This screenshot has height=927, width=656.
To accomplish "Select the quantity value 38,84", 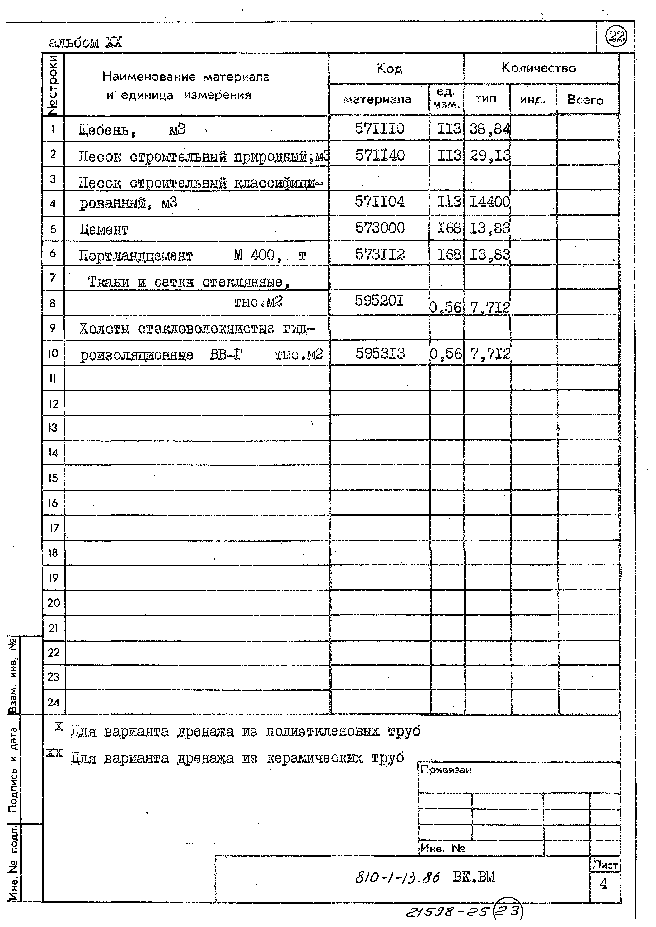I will [x=489, y=130].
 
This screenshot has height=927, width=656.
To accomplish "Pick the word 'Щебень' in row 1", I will [x=105, y=130].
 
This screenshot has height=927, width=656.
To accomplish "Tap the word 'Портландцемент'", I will [x=136, y=256].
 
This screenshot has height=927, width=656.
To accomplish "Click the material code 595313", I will [x=380, y=354].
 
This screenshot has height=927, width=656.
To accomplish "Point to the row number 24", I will [x=53, y=703].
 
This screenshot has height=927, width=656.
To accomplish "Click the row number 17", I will [x=54, y=528].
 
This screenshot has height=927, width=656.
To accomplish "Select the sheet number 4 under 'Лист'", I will [x=603, y=884].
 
